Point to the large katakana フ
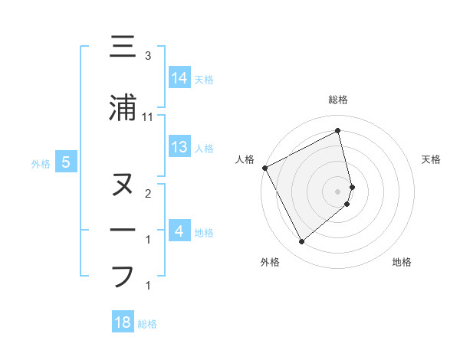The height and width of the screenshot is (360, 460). coord(123,277)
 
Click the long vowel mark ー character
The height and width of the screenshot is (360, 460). coord(123,231)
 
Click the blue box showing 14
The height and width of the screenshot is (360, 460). coord(179,77)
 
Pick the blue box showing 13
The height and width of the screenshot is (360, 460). coord(179,147)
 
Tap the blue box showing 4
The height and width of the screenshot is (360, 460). coord(179,231)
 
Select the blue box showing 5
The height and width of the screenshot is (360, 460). coord(66,162)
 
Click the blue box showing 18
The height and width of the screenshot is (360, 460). coord(123,322)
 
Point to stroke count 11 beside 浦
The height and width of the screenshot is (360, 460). coord(148,117)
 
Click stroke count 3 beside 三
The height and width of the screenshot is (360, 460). coord(148,56)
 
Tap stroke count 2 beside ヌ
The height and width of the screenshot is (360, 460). coord(148,194)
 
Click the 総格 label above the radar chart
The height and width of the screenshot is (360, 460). coord(338,100)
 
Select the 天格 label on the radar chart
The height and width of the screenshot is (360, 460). coord(432,159)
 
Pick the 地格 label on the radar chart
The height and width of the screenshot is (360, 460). coord(402,262)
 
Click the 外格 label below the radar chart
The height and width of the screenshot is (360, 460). coord(270,262)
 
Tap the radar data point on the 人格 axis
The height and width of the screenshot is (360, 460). coord(265,168)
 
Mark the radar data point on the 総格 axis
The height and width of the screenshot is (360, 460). coord(338,131)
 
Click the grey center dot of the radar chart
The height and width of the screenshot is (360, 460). coord(338,191)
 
